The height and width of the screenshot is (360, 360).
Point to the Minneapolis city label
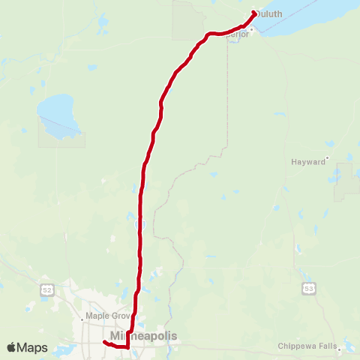coord(144,336)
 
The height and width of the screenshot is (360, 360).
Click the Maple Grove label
coord(109,316)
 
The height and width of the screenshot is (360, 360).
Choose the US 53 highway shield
coord(307,288)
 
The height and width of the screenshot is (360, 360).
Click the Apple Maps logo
coord(27,347)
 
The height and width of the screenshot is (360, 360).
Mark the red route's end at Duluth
coord(255,13)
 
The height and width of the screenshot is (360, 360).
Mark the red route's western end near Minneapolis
coord(104,343)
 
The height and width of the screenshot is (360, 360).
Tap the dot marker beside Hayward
coord(328,160)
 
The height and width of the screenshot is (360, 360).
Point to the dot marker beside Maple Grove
coord(135,316)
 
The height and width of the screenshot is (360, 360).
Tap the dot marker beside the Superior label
coord(253,29)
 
